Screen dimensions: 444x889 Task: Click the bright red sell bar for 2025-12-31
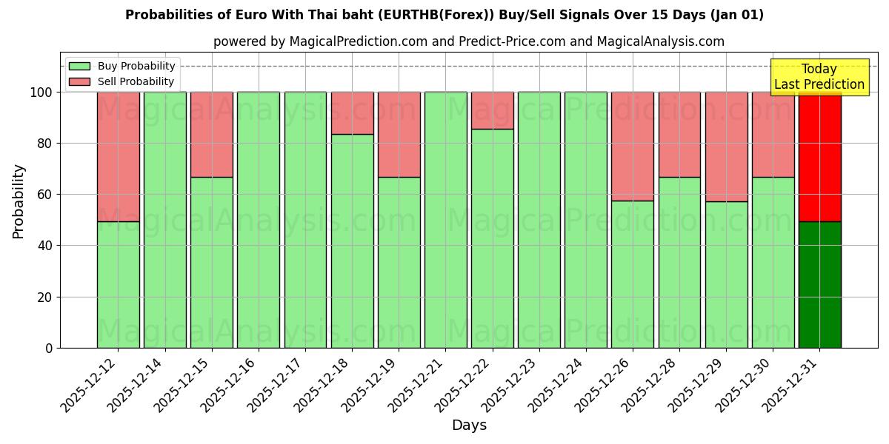(x=819, y=157)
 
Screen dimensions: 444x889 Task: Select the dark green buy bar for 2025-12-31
(x=819, y=285)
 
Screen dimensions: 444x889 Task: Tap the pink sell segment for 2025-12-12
(x=118, y=157)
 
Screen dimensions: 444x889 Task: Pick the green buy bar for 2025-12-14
(x=164, y=220)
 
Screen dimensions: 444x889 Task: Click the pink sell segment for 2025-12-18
(x=352, y=113)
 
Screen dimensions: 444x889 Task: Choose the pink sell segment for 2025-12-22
(x=492, y=110)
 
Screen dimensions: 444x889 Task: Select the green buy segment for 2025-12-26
(x=633, y=275)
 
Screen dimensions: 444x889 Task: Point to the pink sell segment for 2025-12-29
(x=726, y=147)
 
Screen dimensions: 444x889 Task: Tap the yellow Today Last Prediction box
(x=819, y=77)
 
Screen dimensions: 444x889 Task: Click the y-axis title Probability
(x=19, y=201)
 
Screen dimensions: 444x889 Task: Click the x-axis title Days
(x=469, y=425)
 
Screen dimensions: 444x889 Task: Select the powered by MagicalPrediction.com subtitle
(x=469, y=41)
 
